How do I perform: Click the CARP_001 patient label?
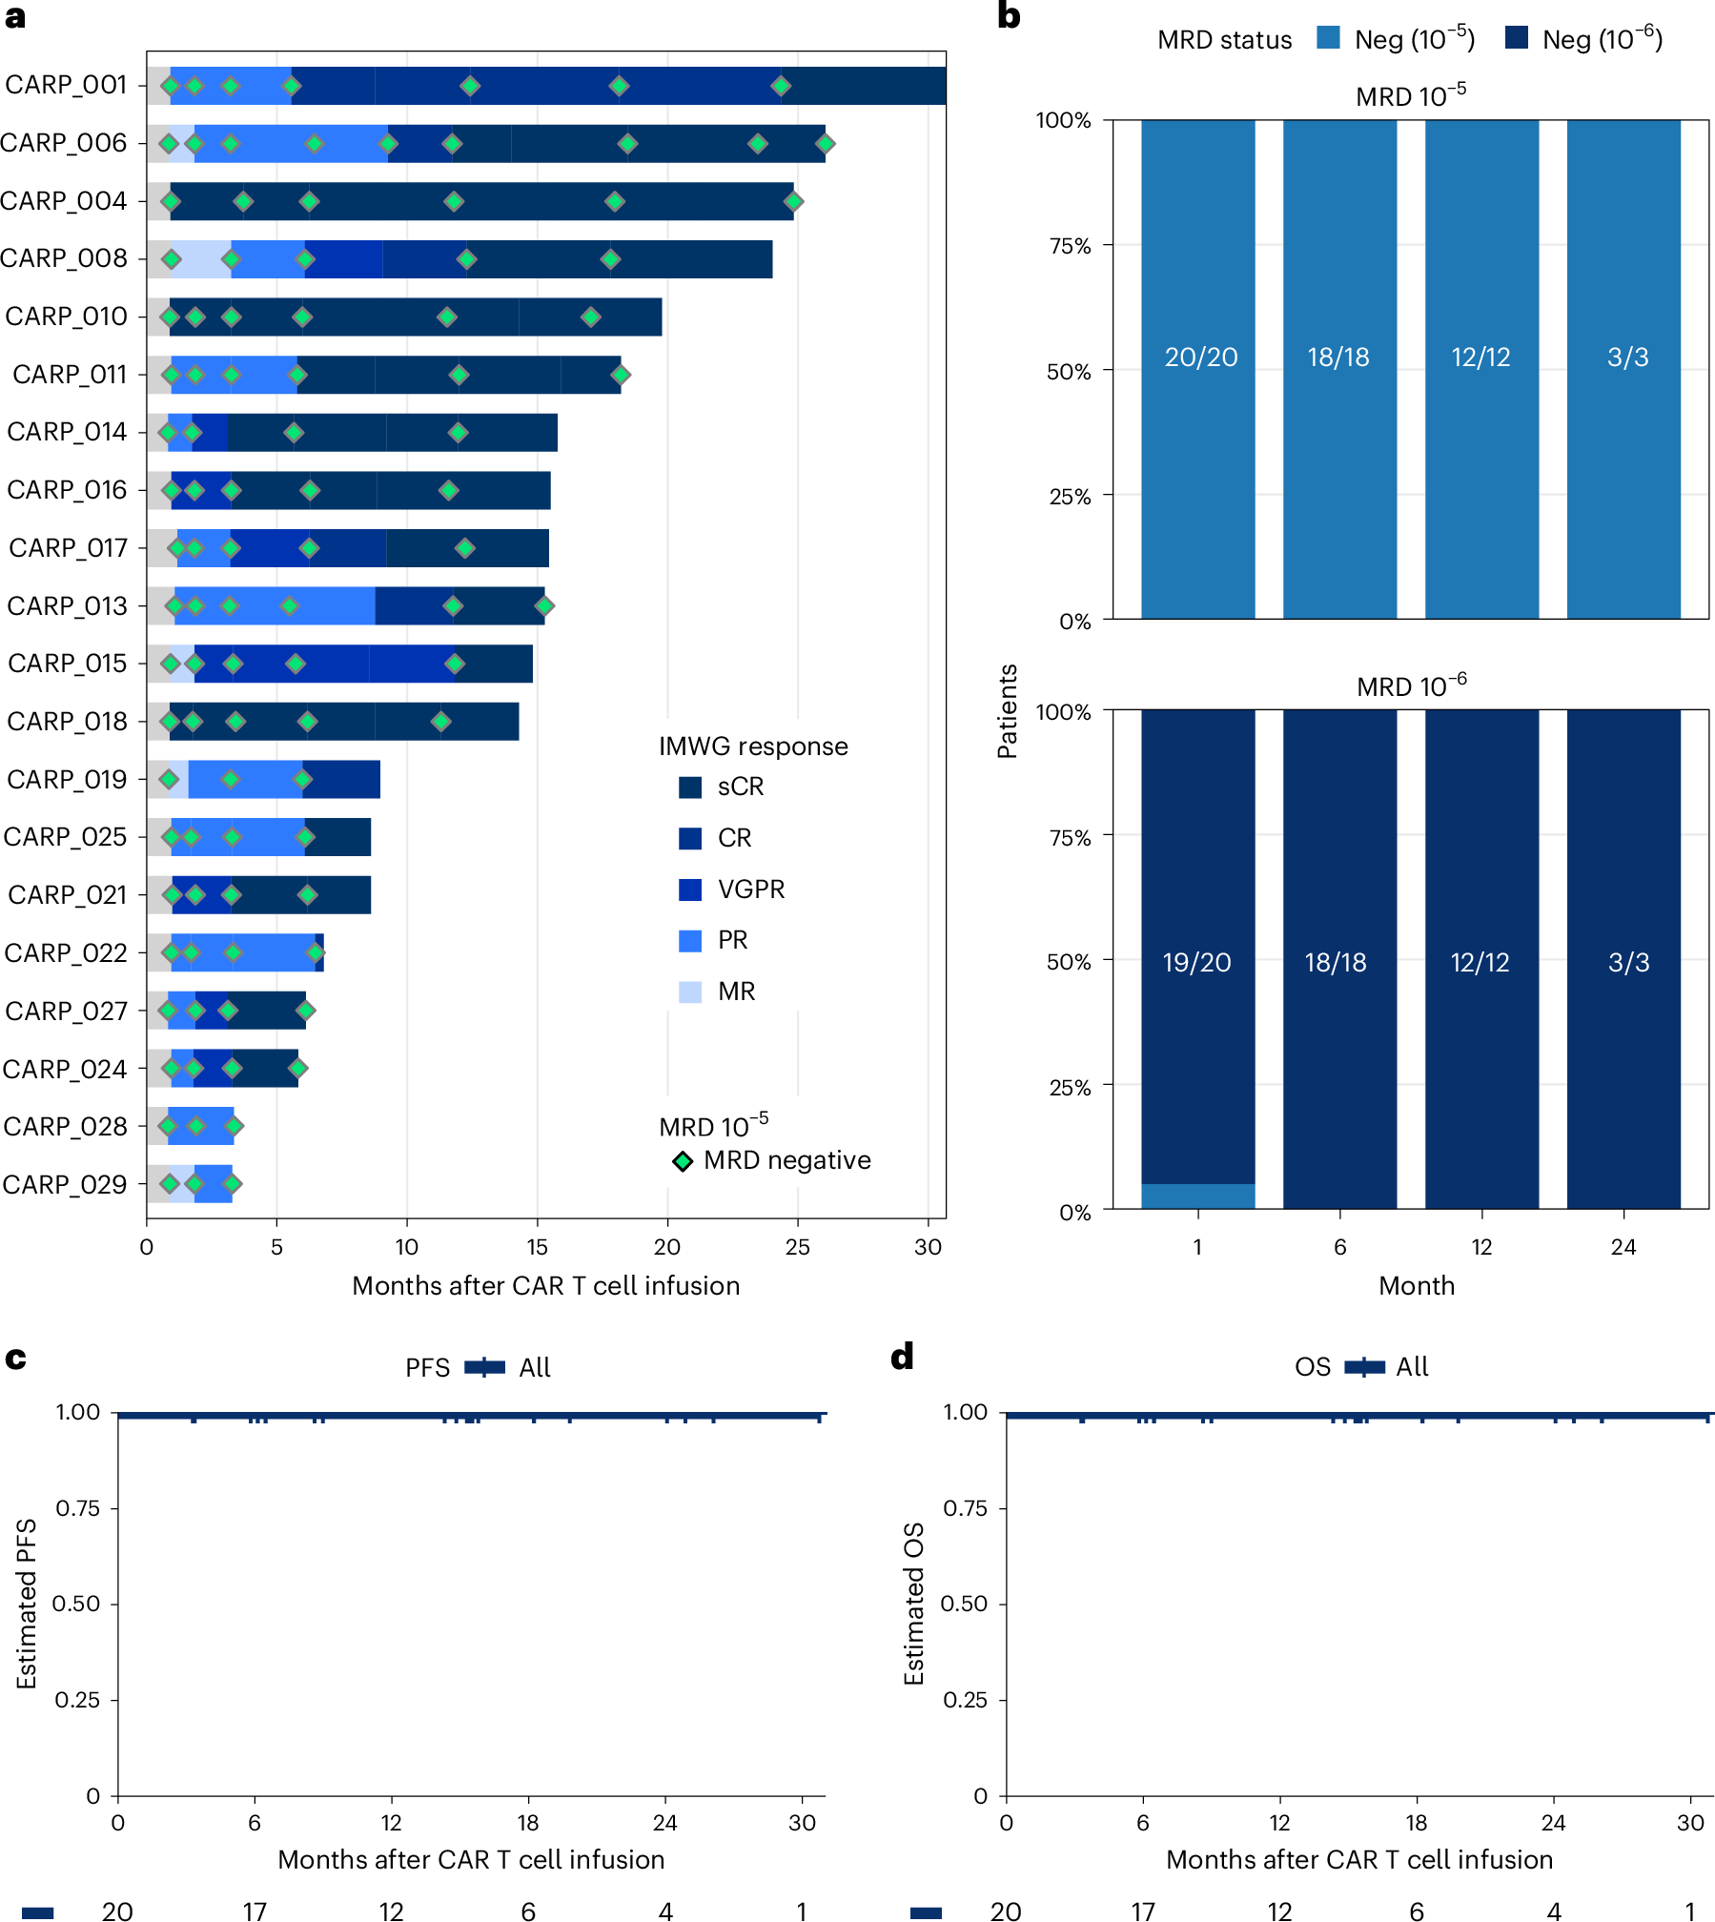click(66, 85)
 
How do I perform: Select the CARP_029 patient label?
click(65, 1184)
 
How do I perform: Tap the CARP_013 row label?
click(67, 605)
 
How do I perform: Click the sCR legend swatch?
click(690, 787)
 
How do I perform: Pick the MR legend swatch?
click(690, 992)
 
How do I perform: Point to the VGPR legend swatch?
click(690, 889)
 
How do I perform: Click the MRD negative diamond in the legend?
click(683, 1161)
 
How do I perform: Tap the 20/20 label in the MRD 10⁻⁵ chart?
click(1200, 357)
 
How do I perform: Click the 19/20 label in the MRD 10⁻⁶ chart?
click(1196, 962)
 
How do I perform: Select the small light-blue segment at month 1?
click(1197, 1196)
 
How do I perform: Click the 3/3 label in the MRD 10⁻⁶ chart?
click(1628, 962)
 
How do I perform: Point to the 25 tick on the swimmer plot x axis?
click(797, 1247)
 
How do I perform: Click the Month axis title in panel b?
click(1417, 1285)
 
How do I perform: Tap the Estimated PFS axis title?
click(27, 1604)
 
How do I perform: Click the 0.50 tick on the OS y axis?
click(963, 1604)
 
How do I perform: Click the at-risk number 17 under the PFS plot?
click(255, 1911)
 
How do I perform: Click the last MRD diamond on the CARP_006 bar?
click(825, 143)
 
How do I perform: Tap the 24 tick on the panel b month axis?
click(1623, 1247)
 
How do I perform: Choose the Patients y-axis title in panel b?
click(1007, 710)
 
